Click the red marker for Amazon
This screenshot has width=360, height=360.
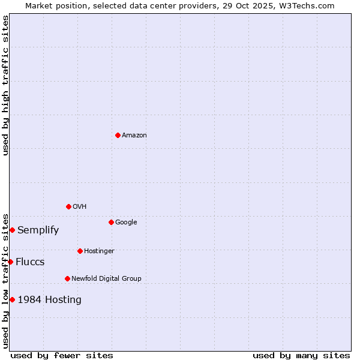[x=118, y=135]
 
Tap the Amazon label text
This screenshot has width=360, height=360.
[x=134, y=135]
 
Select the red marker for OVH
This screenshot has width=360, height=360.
[x=68, y=206]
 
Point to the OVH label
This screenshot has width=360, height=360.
[x=80, y=206]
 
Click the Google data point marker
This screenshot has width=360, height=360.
[x=111, y=222]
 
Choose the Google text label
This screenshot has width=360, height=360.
[x=126, y=222]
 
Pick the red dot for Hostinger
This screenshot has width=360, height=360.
[x=80, y=251]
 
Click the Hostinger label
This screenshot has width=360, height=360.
[x=99, y=251]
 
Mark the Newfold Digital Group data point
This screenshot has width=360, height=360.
[x=67, y=278]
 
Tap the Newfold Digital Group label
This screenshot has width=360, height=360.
[x=106, y=278]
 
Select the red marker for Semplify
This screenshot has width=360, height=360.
[x=12, y=230]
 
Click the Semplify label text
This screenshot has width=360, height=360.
[x=38, y=230]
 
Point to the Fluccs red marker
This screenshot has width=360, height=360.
[x=10, y=262]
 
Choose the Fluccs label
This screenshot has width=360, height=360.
[x=30, y=262]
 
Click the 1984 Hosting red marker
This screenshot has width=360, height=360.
[x=12, y=299]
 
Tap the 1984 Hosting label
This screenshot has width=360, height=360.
[x=49, y=300]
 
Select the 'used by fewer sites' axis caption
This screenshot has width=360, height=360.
[x=62, y=355]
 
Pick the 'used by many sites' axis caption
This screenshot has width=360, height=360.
[x=301, y=355]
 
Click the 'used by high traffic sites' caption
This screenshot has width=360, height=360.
[x=5, y=85]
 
